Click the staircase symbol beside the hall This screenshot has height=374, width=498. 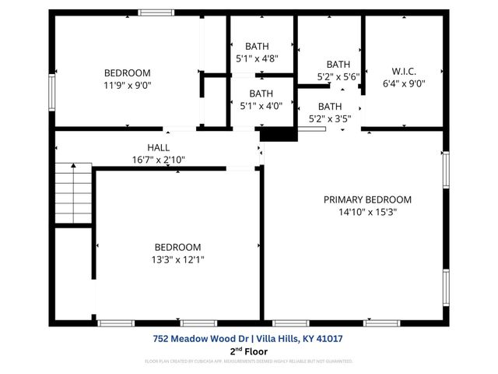pos(73,195)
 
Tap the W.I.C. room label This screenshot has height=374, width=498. pos(405,71)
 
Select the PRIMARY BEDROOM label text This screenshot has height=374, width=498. pos(367,199)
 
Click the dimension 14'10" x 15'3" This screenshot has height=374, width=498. pos(367,212)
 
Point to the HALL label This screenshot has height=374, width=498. pos(158,147)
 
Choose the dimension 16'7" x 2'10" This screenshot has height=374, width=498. pos(158,160)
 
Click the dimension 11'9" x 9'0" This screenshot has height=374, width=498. pos(127,86)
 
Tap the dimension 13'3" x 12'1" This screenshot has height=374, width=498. pos(177,259)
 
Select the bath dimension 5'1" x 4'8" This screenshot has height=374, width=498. pos(257,58)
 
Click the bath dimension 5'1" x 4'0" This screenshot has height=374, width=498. pos(257,106)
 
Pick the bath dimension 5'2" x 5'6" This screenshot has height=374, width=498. pos(338,77)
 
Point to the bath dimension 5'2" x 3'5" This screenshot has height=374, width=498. pos(330,119)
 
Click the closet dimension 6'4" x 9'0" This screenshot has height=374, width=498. pos(405,83)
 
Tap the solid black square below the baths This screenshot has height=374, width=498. pos(279,135)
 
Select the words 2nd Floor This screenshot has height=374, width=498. pos(248,351)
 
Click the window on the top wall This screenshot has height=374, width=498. pos(156,12)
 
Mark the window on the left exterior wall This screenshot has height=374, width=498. pos(52,91)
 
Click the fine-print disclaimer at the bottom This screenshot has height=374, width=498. pos(248,362)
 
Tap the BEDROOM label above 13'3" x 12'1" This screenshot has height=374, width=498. pos(177,247)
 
